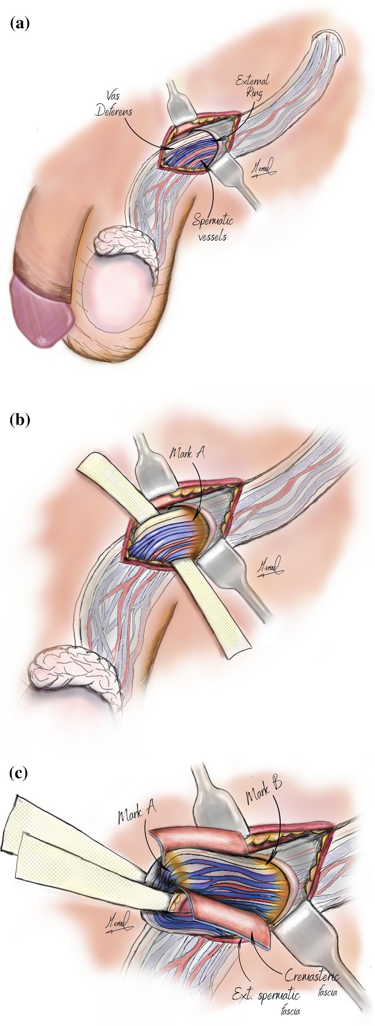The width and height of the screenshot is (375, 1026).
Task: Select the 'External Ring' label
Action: click(x=252, y=86)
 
